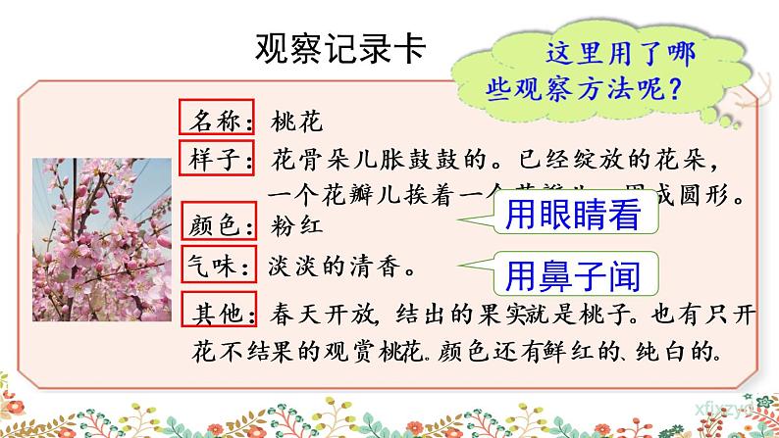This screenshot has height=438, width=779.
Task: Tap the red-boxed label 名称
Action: pos(217,122)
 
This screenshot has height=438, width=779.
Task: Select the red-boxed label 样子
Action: pos(217,157)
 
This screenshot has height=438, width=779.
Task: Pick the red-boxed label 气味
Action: pos(217,264)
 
